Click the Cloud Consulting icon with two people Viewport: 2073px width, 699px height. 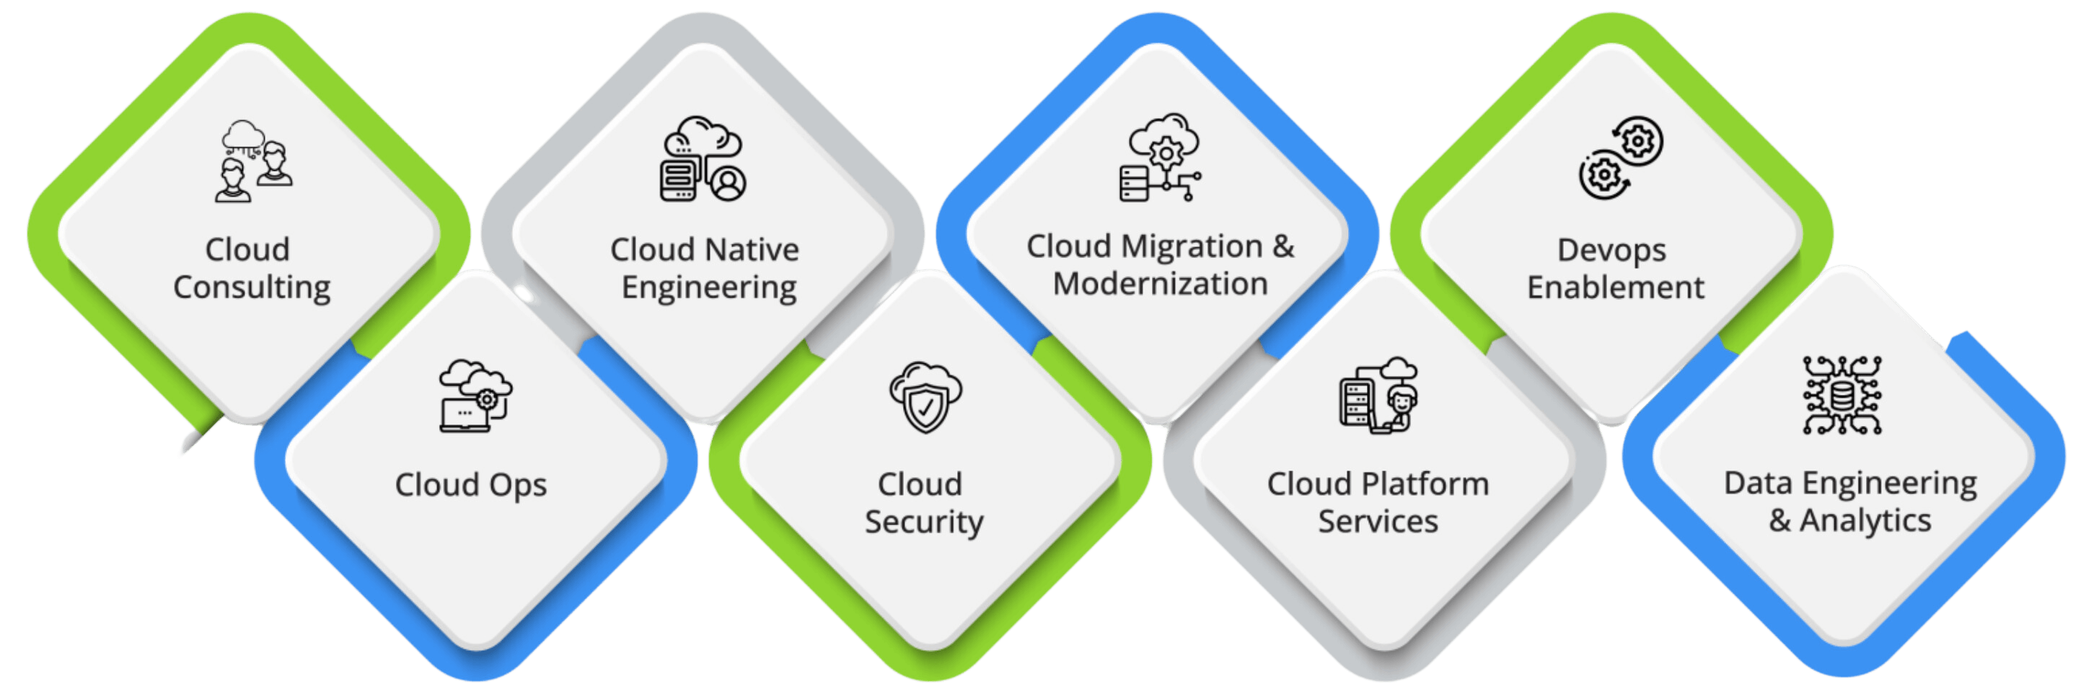tap(253, 161)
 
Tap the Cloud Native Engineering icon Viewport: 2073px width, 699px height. tap(703, 158)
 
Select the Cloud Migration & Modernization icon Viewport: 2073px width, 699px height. tap(1161, 157)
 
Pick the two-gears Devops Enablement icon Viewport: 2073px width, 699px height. tap(1621, 158)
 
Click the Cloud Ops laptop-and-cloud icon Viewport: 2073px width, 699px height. tap(475, 395)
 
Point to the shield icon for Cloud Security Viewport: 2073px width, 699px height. tap(925, 397)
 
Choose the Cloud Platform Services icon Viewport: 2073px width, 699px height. tap(1378, 395)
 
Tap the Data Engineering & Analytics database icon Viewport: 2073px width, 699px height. tap(1842, 395)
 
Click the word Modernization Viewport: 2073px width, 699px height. tap(1161, 284)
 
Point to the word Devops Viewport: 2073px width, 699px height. tap(1612, 251)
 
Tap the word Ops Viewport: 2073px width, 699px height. tap(518, 486)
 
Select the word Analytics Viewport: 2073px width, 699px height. tap(1865, 521)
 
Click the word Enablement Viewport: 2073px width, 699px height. tap(1616, 287)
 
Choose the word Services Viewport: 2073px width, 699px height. tap(1378, 522)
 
